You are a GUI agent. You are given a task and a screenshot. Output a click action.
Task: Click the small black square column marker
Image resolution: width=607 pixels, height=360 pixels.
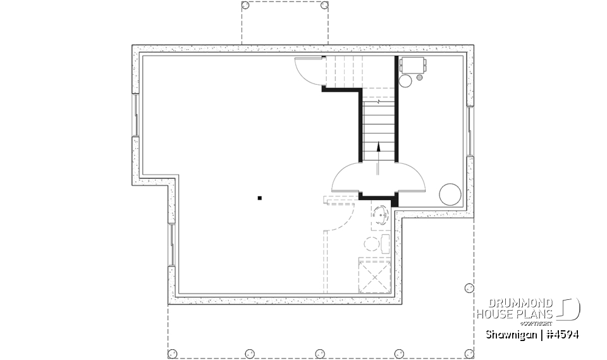259,198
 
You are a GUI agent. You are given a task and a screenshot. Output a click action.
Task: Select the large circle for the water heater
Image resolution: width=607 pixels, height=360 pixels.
450,194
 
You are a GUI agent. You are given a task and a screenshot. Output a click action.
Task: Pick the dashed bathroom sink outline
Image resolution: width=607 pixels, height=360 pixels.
381,215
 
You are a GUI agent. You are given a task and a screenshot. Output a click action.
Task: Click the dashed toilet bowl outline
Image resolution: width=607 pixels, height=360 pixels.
371,243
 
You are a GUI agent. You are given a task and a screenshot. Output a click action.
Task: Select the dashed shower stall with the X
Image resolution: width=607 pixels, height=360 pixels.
374,276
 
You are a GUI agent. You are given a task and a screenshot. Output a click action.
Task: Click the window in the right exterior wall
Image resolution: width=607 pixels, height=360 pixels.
470,131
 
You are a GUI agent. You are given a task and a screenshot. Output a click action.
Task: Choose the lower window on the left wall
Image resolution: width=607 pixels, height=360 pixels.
171,244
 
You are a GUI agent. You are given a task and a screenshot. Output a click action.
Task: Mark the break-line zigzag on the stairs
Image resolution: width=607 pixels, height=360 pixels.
377,101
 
